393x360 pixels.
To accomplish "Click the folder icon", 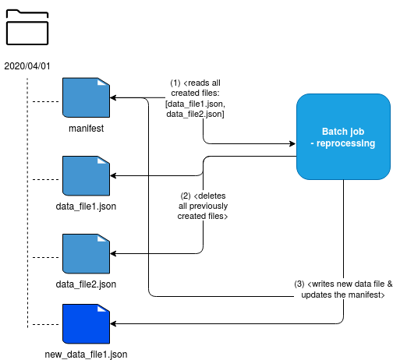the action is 27,27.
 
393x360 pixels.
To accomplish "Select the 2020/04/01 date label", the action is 27,66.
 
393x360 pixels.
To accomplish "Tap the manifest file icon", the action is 86,97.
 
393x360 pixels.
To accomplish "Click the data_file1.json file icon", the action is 86,176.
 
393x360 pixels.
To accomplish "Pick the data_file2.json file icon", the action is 86,254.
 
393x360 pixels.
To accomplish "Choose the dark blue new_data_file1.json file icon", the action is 86,324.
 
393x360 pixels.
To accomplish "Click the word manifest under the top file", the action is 86,129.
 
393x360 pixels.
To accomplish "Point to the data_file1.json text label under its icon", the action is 86,206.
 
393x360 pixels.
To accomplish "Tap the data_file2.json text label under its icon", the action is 86,284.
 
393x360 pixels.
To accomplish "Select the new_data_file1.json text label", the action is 86,355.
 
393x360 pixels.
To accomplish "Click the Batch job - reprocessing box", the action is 343,136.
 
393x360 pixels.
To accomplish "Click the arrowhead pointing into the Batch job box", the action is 292,143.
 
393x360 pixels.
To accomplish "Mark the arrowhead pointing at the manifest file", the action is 113,97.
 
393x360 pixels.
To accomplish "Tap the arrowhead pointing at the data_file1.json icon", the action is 113,176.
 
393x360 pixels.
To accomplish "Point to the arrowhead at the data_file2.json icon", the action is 113,253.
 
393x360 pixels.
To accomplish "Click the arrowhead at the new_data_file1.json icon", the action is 113,323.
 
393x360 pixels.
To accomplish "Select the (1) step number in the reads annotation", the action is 175,83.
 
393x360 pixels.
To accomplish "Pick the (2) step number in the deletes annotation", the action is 186,196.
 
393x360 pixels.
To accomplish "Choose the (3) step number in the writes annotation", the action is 299,284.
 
